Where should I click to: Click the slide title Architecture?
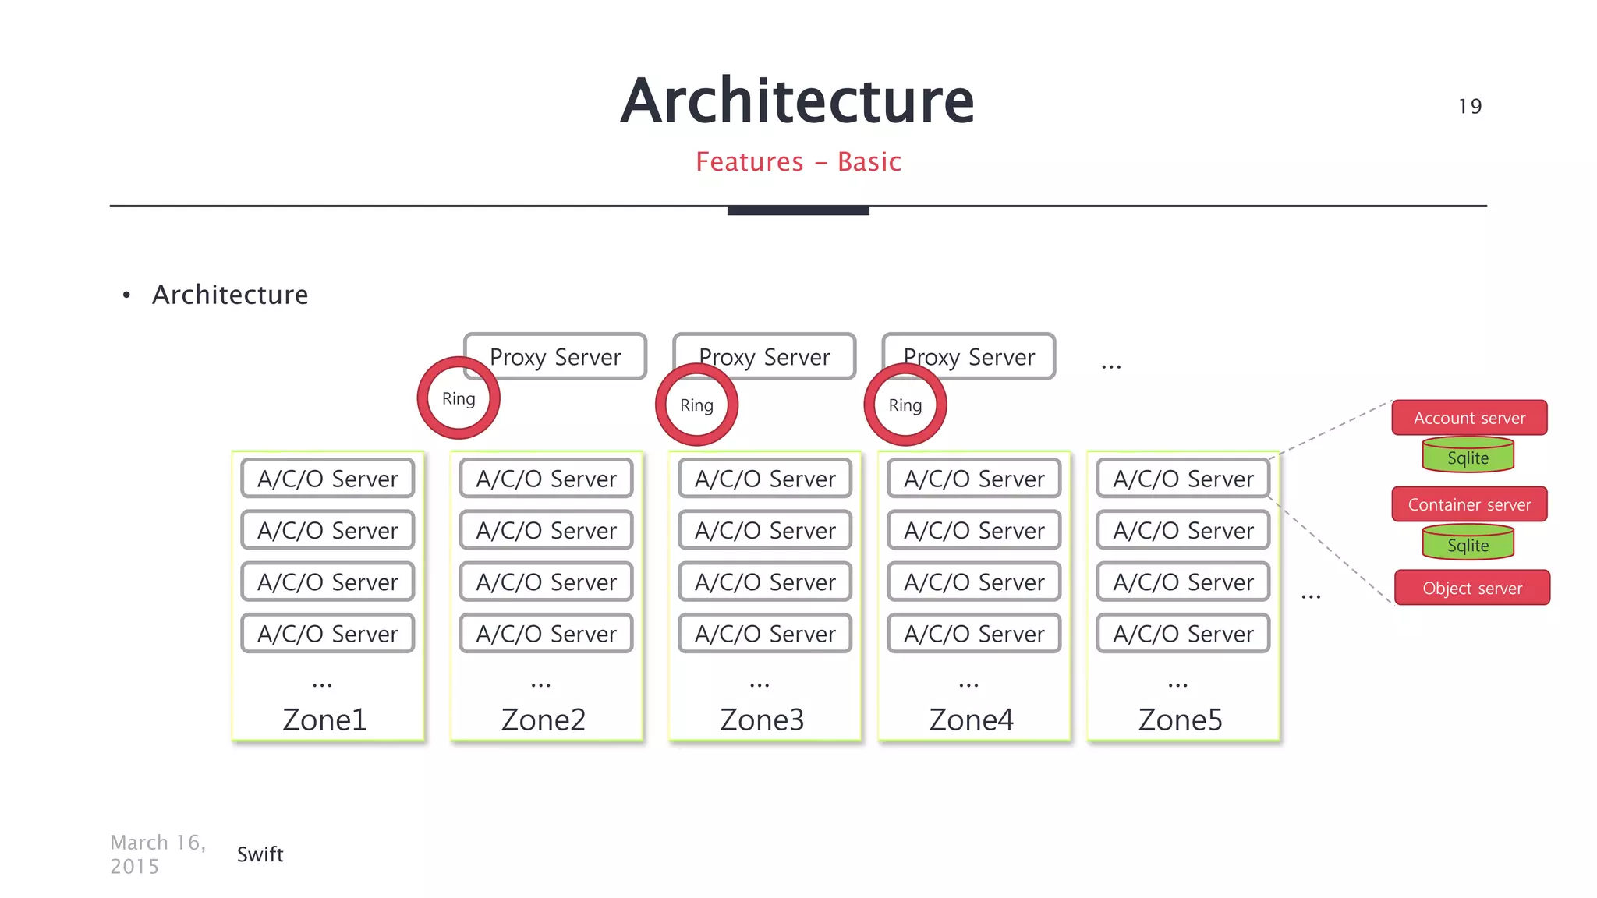797,101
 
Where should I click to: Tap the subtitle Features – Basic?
798,162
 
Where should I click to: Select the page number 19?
1470,107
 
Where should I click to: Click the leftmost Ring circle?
459,398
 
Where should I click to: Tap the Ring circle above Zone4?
905,405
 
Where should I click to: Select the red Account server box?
1469,418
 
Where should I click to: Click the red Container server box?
1469,504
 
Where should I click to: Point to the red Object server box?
1471,588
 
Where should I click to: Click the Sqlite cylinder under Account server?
1468,457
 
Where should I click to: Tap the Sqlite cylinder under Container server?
1468,544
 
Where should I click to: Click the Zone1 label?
324,719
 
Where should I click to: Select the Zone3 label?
762,719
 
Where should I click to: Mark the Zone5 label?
1180,719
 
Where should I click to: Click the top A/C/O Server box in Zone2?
546,479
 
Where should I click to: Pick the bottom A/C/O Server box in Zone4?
974,633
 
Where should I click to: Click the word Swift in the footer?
260,854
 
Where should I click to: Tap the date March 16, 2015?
157,854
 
